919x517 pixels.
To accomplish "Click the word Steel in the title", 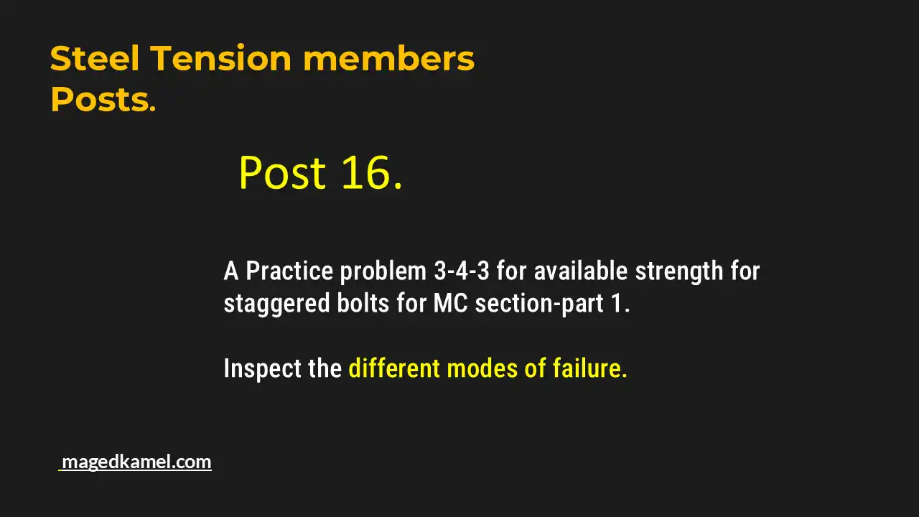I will pos(95,59).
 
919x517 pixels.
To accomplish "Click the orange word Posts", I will pos(102,101).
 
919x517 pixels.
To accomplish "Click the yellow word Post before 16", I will pos(282,173).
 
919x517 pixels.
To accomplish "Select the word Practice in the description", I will pos(289,271).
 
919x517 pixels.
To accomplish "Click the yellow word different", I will pos(394,368).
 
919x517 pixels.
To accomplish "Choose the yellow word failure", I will pos(589,368).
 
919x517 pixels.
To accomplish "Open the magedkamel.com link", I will pos(136,462).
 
